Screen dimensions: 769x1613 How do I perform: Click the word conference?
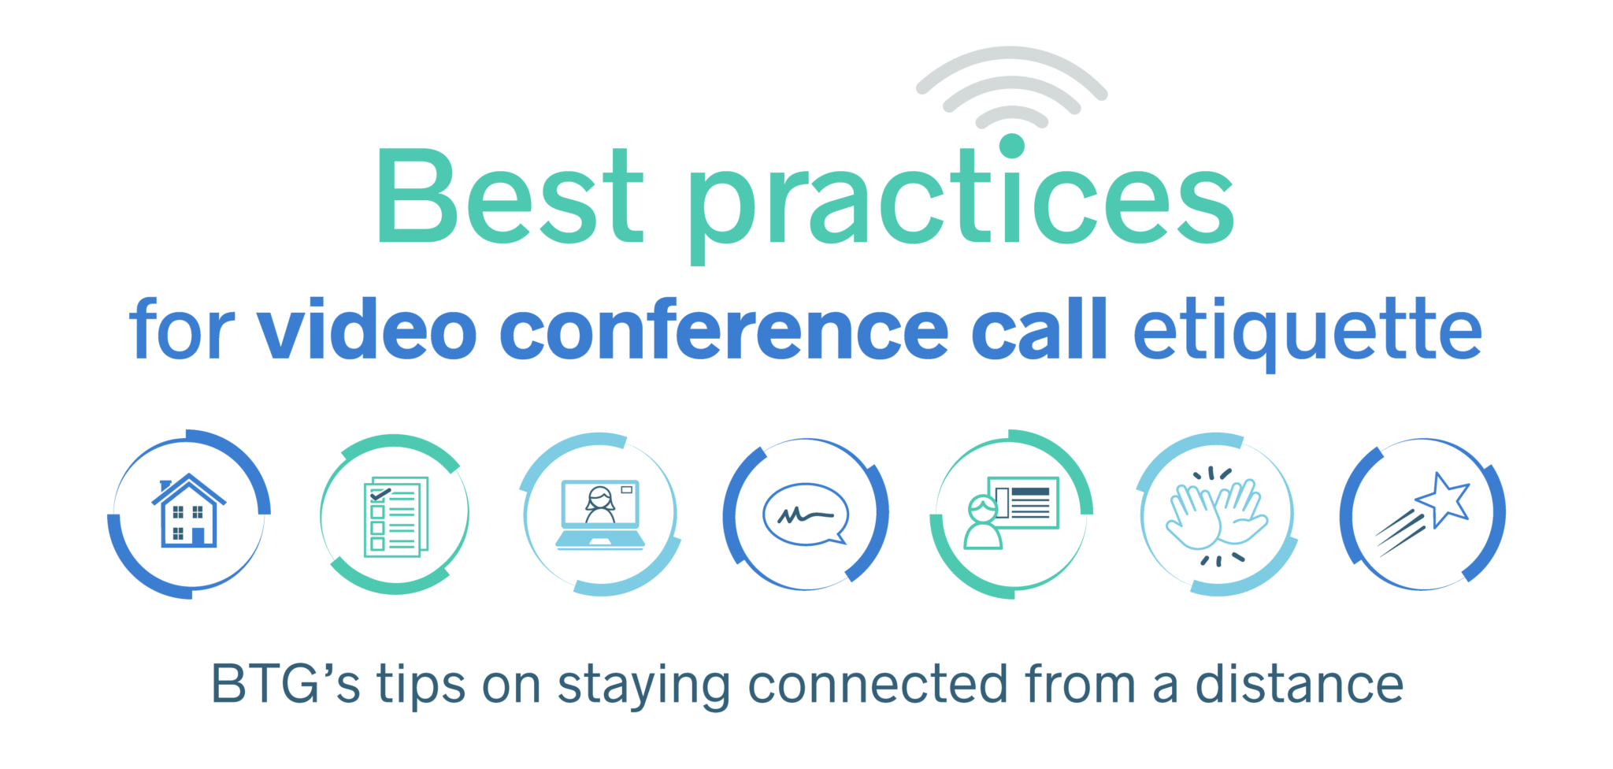(724, 329)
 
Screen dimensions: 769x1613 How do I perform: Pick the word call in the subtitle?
(1039, 329)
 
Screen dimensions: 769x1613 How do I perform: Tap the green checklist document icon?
(396, 516)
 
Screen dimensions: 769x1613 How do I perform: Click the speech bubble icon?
(806, 515)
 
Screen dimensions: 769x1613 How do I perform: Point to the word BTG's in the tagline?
(285, 684)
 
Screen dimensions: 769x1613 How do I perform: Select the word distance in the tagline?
(1300, 684)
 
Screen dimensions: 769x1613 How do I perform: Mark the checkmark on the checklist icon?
(380, 494)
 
